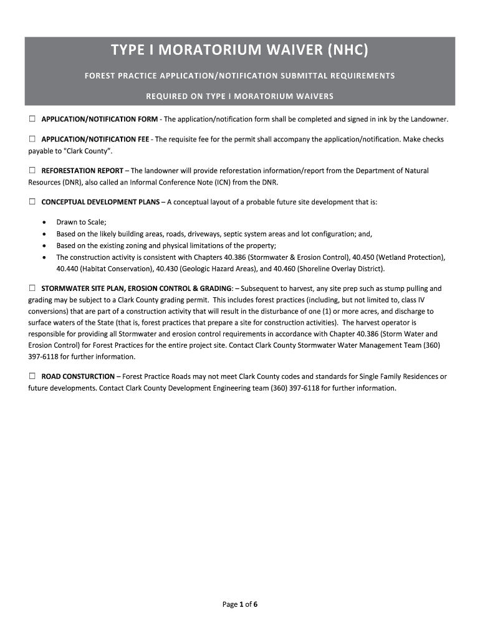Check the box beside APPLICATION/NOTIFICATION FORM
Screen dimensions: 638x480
[32, 118]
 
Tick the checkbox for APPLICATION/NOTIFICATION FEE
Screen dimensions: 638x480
[32, 139]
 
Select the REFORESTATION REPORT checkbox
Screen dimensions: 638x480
[32, 170]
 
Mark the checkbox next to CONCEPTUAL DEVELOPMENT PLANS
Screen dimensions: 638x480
[32, 202]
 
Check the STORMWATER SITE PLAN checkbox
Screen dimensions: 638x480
[32, 288]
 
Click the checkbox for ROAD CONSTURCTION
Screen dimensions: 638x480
[32, 376]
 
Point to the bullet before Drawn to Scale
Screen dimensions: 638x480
[44, 222]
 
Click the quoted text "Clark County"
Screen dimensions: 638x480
[87, 151]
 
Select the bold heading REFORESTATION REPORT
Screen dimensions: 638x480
[82, 171]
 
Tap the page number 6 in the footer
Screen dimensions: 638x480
[256, 604]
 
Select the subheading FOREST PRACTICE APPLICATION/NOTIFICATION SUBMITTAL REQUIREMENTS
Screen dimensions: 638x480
[240, 76]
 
